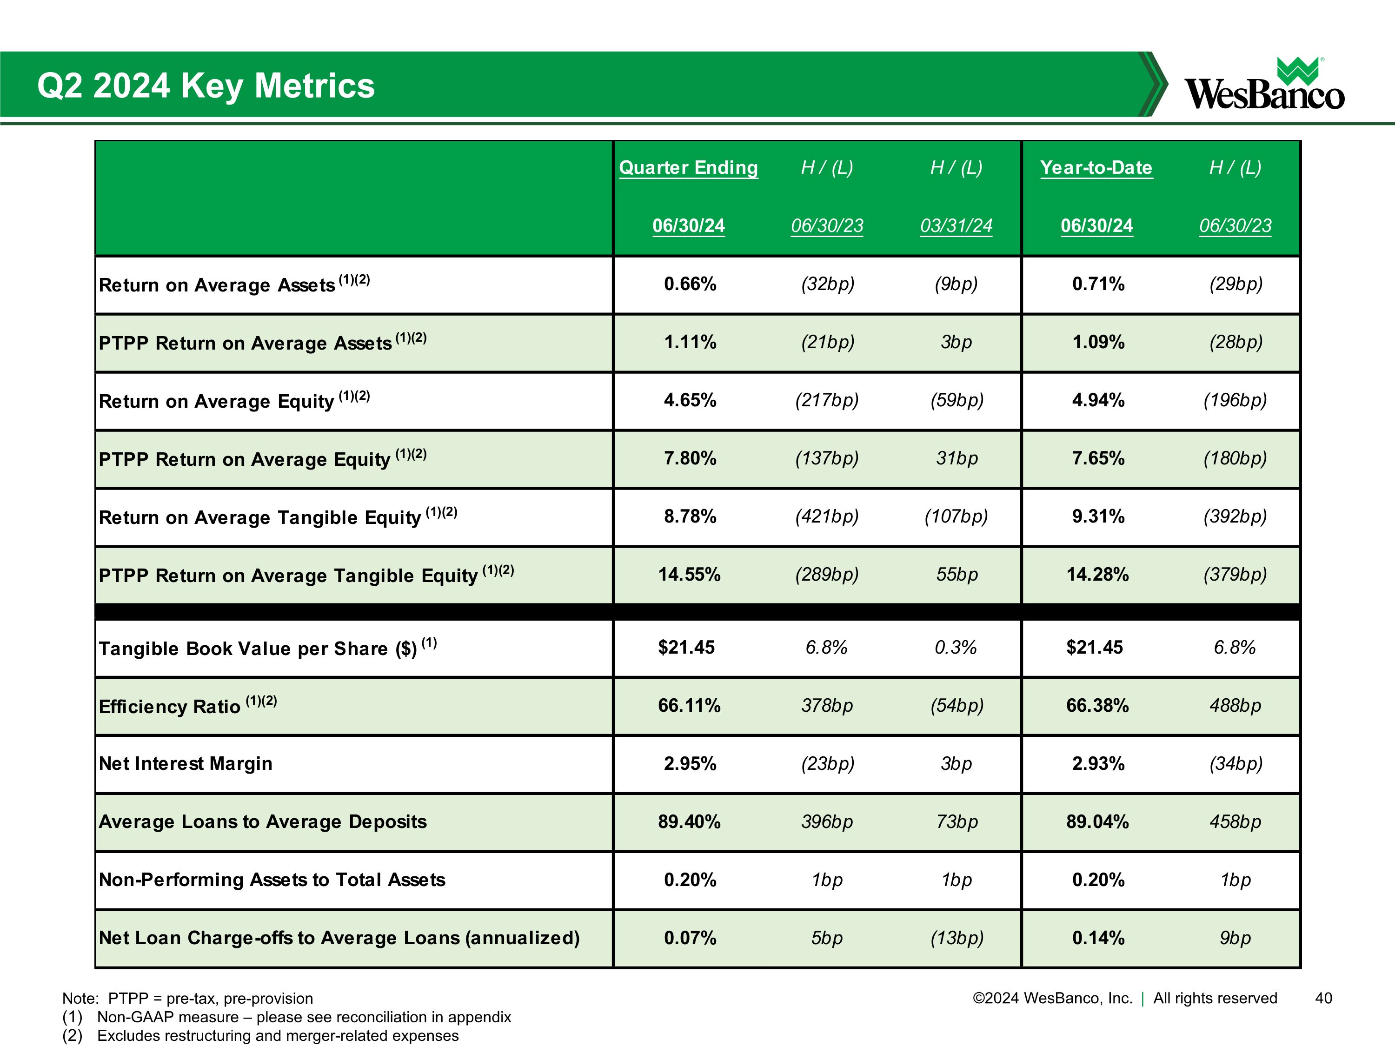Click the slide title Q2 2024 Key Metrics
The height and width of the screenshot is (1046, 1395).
[x=206, y=86]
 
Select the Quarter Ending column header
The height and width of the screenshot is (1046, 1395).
[x=688, y=168]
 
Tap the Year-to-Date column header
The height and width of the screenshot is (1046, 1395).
[x=1096, y=168]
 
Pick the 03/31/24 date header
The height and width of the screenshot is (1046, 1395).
[x=956, y=226]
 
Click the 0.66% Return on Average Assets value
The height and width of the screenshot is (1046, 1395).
[x=690, y=285]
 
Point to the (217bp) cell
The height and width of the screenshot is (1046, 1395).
[x=827, y=400]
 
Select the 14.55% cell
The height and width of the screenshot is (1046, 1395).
[x=689, y=575]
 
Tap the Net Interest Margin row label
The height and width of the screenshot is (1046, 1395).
[x=186, y=763]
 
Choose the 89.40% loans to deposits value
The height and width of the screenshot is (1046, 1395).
[x=689, y=821]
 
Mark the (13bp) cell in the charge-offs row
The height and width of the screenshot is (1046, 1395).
[x=957, y=938]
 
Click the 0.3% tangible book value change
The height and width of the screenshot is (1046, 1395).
[x=956, y=648]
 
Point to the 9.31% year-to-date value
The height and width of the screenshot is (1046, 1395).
[x=1098, y=516]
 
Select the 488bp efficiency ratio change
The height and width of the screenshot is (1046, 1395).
[x=1235, y=706]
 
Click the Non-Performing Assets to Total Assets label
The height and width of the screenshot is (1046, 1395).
[x=272, y=880]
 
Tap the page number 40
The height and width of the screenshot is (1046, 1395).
[x=1323, y=998]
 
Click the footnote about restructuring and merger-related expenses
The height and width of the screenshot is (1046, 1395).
[x=278, y=1035]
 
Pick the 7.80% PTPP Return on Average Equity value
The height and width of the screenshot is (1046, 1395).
[x=690, y=458]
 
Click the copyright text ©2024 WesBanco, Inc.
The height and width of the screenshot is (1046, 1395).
[x=1052, y=998]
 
